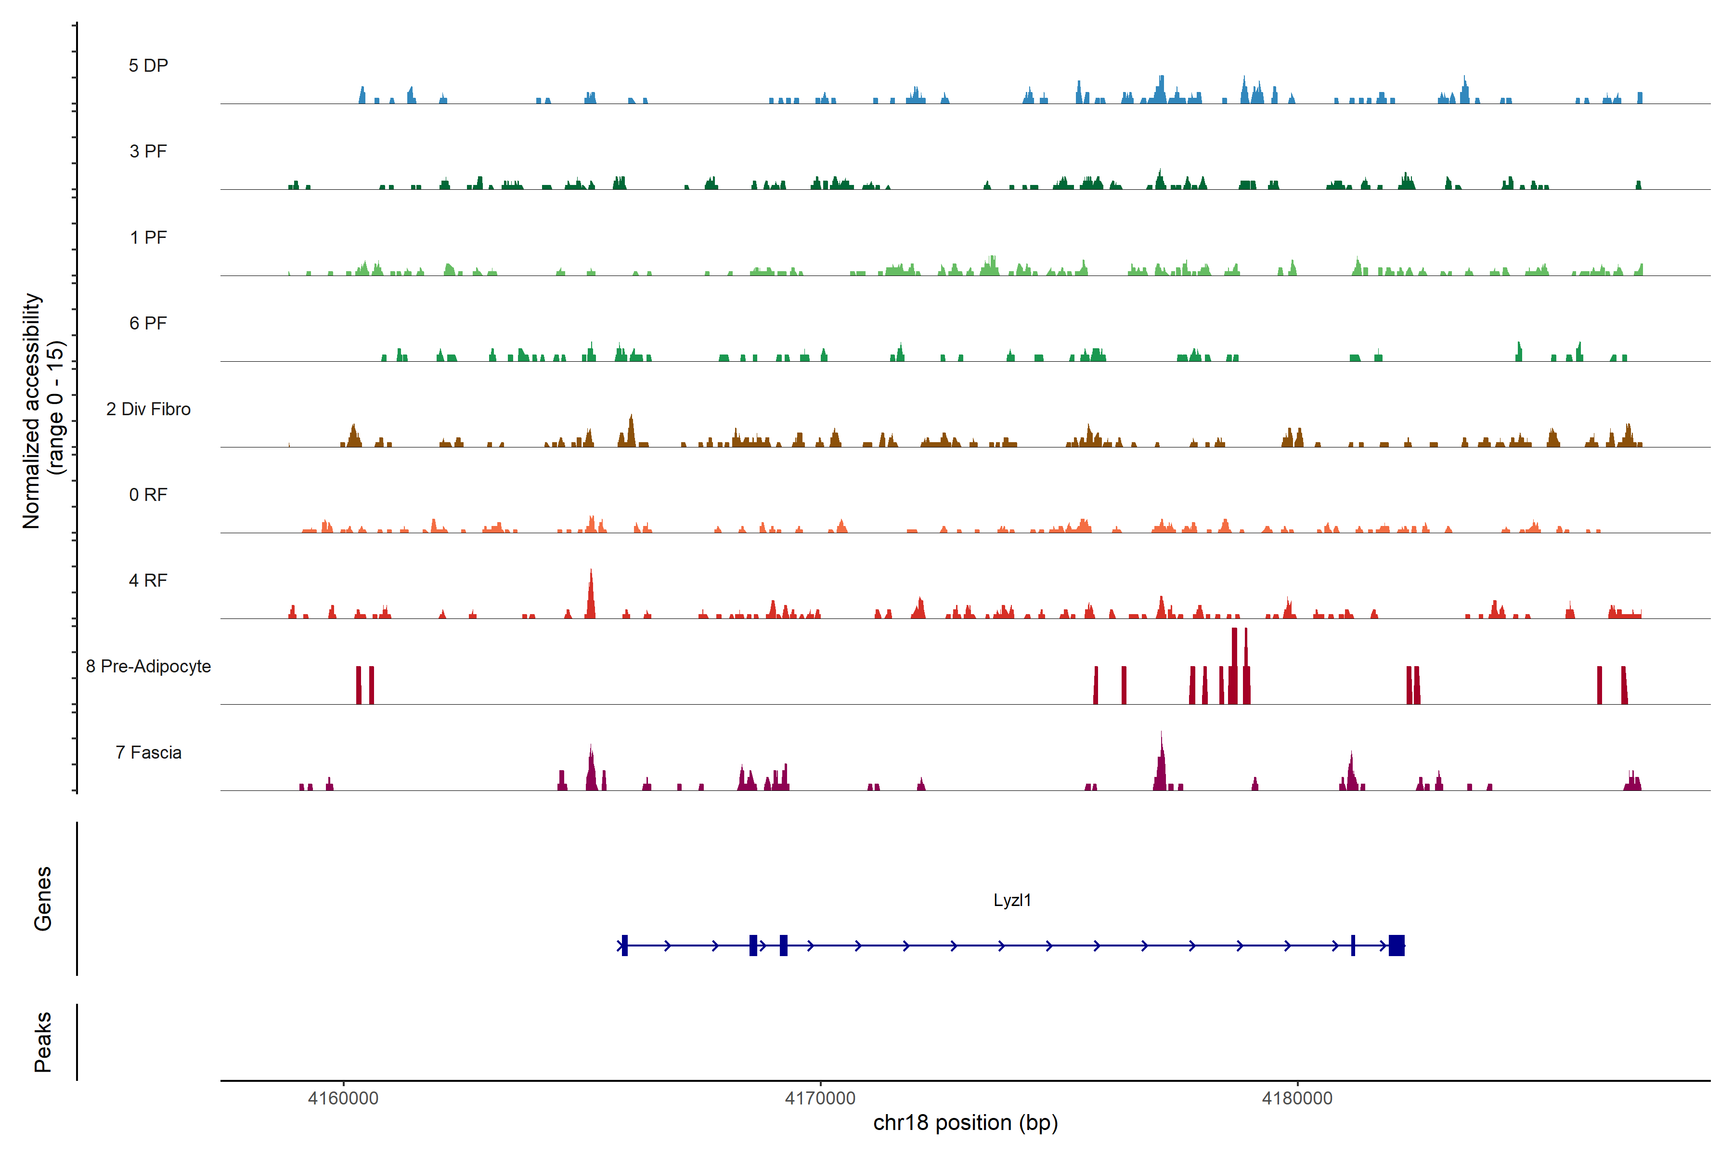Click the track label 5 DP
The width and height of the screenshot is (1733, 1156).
[148, 66]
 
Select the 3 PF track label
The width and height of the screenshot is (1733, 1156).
[148, 151]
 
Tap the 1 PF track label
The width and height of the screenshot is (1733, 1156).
[148, 237]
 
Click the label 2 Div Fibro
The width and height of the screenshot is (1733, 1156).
[148, 409]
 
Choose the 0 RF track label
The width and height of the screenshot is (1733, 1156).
[148, 495]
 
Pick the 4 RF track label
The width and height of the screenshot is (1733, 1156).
[148, 580]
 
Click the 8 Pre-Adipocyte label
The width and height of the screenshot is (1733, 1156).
[148, 667]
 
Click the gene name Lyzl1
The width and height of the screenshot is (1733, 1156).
[1012, 900]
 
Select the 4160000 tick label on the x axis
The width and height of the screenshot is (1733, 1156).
[343, 1099]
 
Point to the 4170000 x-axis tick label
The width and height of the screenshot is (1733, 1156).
[820, 1099]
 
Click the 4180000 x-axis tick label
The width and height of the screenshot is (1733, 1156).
[1297, 1099]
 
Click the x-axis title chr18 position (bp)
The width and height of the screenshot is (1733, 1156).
[965, 1123]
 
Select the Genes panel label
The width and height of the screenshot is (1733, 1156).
[43, 899]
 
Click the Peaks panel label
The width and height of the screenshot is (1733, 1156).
[43, 1042]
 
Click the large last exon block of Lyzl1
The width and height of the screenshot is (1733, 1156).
[1397, 945]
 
